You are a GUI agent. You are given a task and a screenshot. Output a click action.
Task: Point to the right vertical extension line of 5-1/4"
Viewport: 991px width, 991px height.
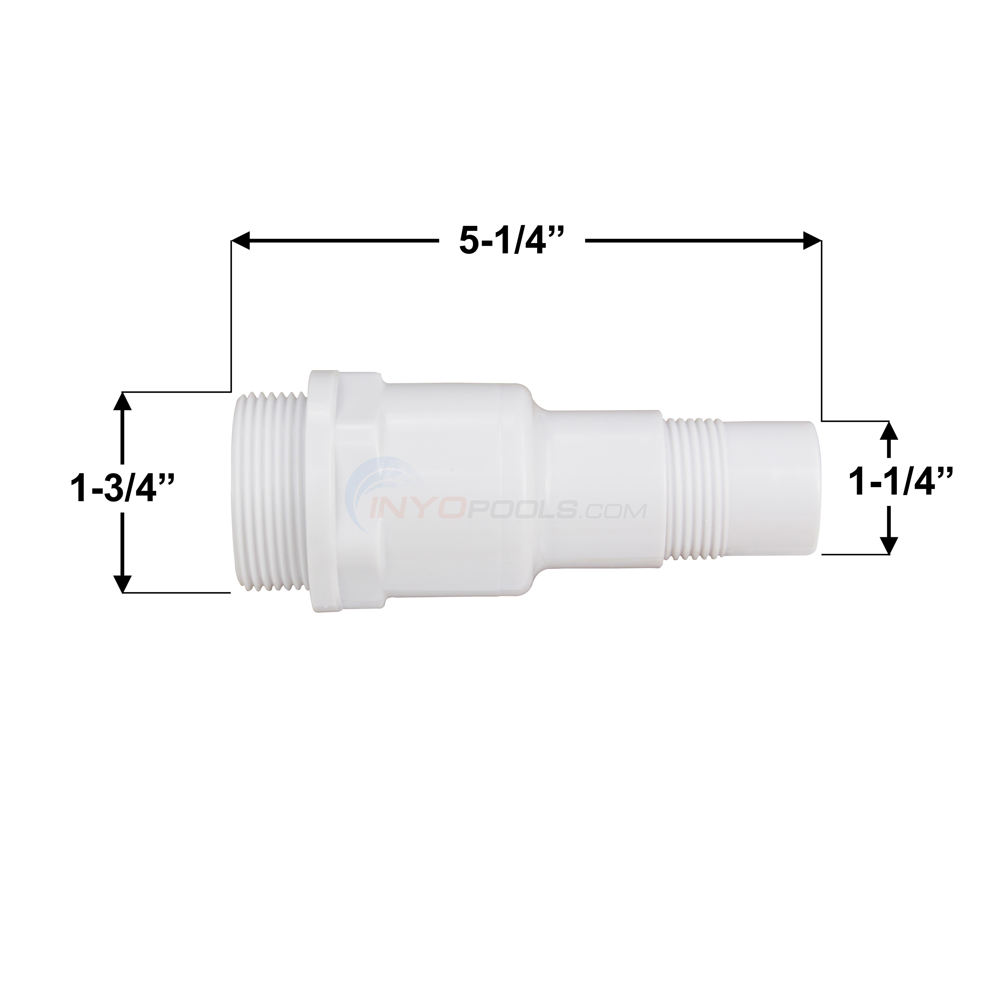point(822,334)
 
